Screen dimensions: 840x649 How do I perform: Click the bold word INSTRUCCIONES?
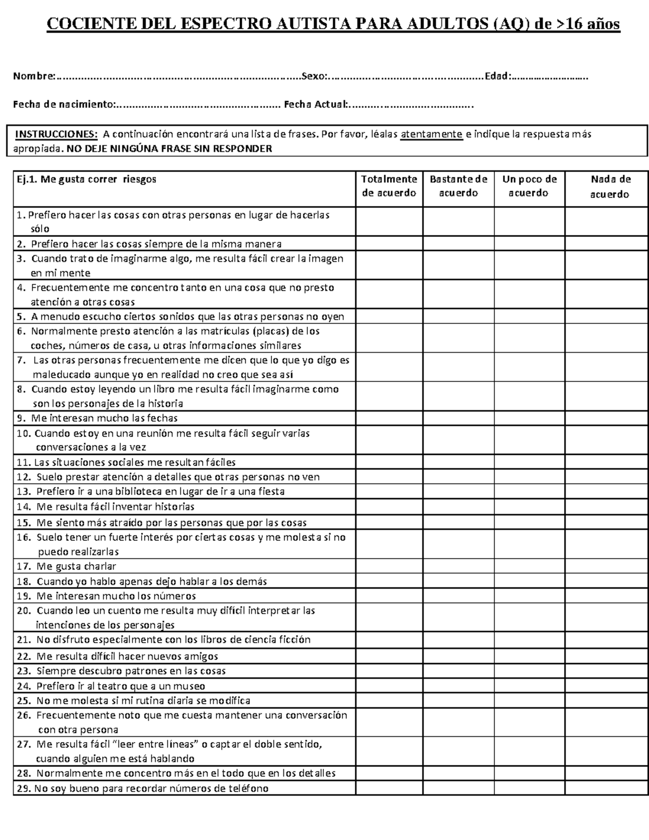[56, 134]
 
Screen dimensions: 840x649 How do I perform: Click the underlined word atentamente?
[432, 134]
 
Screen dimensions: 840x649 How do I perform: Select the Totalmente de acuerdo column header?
[389, 186]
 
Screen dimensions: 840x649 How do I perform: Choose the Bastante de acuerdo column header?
[459, 186]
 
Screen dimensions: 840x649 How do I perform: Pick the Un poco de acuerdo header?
[529, 186]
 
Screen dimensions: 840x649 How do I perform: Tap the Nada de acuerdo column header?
[606, 187]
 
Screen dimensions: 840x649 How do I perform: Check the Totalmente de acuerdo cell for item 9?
[389, 418]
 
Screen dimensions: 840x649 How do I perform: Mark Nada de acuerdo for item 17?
[606, 566]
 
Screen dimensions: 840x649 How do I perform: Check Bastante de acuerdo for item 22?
[459, 656]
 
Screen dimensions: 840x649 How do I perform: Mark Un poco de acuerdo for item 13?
[529, 492]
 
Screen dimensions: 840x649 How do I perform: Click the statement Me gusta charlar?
[76, 566]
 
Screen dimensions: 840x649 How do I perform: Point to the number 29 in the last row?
[23, 788]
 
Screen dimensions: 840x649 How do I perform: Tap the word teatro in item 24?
[113, 686]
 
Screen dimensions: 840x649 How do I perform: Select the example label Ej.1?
[27, 179]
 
